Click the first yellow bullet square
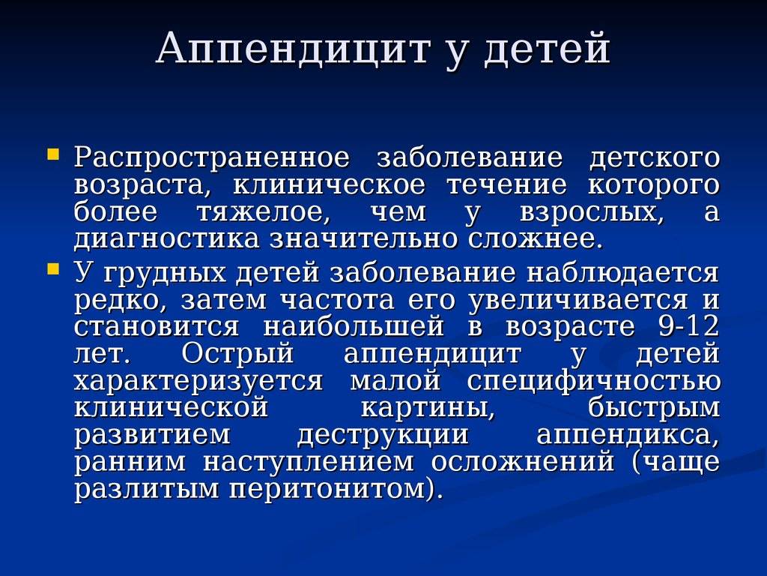pyautogui.click(x=53, y=154)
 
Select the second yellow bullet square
pyautogui.click(x=53, y=268)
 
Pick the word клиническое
pyautogui.click(x=330, y=186)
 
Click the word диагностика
pyautogui.click(x=166, y=240)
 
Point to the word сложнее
pyautogui.click(x=533, y=239)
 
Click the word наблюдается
pyautogui.click(x=622, y=273)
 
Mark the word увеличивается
pyautogui.click(x=578, y=301)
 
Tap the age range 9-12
pyautogui.click(x=689, y=326)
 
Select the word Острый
pyautogui.click(x=237, y=354)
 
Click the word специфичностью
pyautogui.click(x=594, y=381)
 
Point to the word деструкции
pyautogui.click(x=383, y=436)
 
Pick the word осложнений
pyautogui.click(x=522, y=462)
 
